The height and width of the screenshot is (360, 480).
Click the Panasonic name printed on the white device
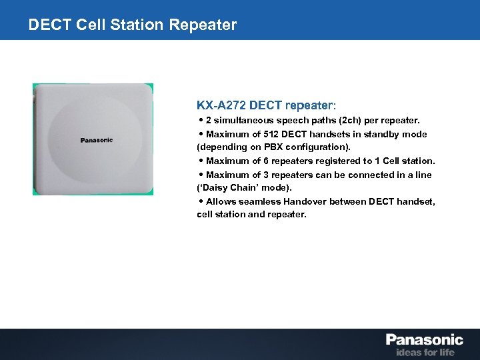tap(97, 140)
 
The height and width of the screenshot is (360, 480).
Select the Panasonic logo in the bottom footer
tap(424, 339)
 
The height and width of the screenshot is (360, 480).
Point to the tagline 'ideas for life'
tap(425, 351)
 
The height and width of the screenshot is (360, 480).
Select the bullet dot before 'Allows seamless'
tap(201, 201)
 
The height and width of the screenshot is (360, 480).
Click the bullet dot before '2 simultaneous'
tap(201, 121)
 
